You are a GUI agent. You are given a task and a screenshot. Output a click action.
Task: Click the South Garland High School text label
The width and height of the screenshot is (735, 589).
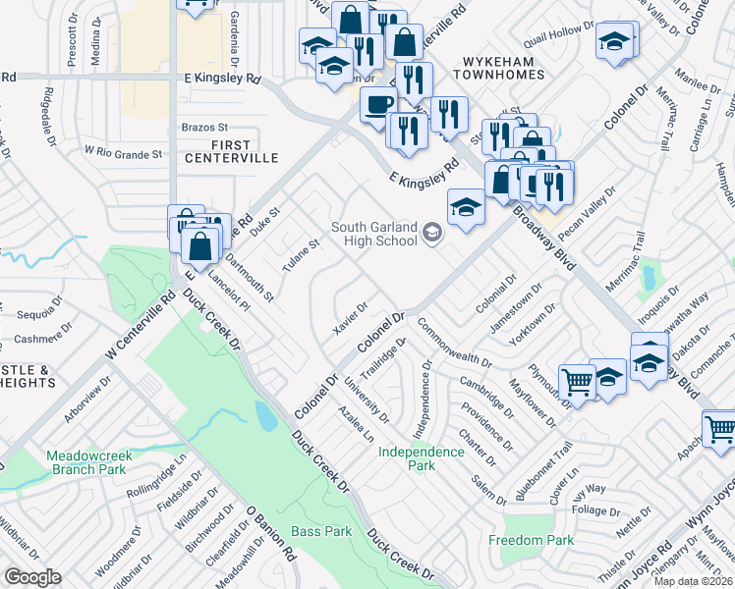pos(373,235)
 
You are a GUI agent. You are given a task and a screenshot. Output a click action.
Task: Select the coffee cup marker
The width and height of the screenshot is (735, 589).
pos(377,104)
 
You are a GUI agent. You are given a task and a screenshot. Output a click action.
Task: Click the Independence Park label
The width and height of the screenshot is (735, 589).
pos(422,458)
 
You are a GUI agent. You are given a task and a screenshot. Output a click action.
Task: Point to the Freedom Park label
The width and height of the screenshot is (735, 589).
pos(531,541)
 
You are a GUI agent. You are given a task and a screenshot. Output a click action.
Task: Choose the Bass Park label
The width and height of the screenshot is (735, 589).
pos(321,531)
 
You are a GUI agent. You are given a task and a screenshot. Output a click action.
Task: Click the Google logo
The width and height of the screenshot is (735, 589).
pos(32,577)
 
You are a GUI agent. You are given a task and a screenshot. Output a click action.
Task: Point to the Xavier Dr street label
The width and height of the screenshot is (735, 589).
pos(350,318)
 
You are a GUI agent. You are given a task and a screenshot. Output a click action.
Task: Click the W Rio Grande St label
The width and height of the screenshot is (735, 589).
pos(123,153)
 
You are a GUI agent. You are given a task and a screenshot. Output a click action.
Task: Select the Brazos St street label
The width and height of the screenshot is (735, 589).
pos(204,128)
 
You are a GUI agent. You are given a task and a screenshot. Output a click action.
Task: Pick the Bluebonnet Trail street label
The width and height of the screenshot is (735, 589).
pos(555,465)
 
